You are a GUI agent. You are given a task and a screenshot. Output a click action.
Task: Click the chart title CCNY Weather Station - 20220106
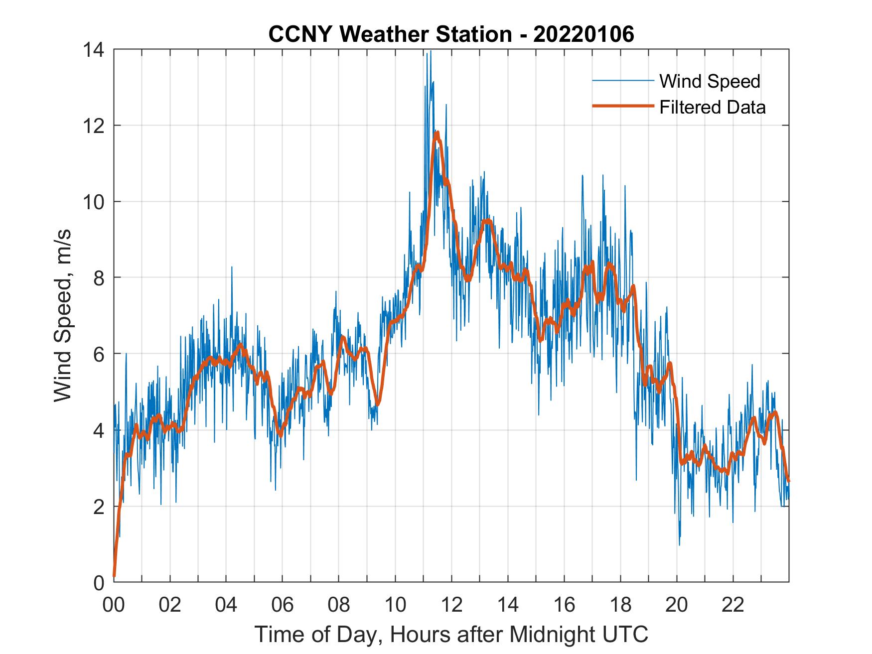tap(451, 34)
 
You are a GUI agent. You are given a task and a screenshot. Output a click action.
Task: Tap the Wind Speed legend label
tap(710, 81)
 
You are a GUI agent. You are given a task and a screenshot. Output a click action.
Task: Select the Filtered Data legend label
tap(712, 107)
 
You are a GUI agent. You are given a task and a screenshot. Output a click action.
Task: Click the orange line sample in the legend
tap(622, 106)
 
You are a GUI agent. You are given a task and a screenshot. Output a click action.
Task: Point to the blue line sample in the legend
tap(622, 81)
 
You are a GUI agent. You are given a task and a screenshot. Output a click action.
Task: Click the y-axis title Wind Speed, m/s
tap(63, 315)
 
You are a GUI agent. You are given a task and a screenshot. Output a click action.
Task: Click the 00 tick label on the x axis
tap(114, 605)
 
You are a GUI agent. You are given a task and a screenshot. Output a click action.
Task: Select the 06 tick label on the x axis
tap(283, 605)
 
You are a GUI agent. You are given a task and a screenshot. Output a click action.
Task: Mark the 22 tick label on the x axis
tap(733, 605)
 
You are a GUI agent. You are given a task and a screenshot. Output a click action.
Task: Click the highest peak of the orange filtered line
tap(437, 133)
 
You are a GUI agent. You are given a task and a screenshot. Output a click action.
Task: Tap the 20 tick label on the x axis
tap(677, 605)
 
